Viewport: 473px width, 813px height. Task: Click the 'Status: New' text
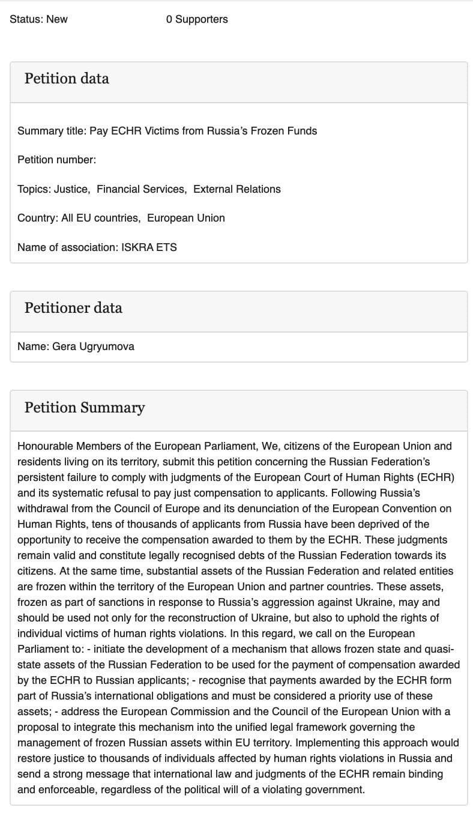coord(39,19)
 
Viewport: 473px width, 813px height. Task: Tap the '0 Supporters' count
coord(197,19)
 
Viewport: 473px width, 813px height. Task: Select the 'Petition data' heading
coord(67,79)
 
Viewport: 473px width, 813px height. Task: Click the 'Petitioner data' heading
coord(73,308)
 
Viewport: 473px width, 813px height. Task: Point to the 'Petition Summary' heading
coord(85,408)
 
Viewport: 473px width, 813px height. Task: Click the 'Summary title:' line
coord(167,131)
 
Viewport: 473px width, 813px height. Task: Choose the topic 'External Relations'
coord(237,189)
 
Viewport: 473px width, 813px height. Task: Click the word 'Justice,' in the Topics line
coord(72,189)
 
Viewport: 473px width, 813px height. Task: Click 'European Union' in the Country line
coord(186,218)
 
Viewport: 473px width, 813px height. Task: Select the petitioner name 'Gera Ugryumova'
coord(93,346)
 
